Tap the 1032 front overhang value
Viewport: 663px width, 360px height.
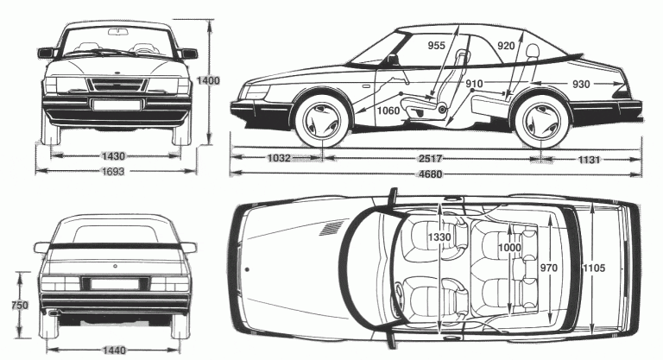coord(278,159)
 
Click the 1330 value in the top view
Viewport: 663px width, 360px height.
coord(440,237)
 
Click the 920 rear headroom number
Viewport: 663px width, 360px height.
coord(507,47)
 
